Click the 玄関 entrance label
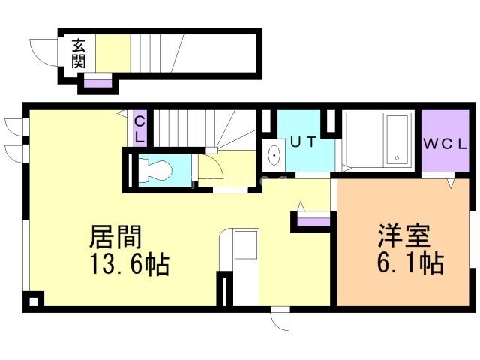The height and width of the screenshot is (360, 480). coord(78,53)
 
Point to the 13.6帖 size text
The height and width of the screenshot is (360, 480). coord(129,265)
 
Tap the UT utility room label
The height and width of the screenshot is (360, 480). coord(301,140)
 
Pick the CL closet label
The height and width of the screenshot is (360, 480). coord(140,129)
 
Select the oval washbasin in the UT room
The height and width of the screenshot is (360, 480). coord(275,155)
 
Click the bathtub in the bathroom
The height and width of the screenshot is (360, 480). coord(397,139)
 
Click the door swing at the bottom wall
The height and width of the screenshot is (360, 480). coord(280,320)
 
